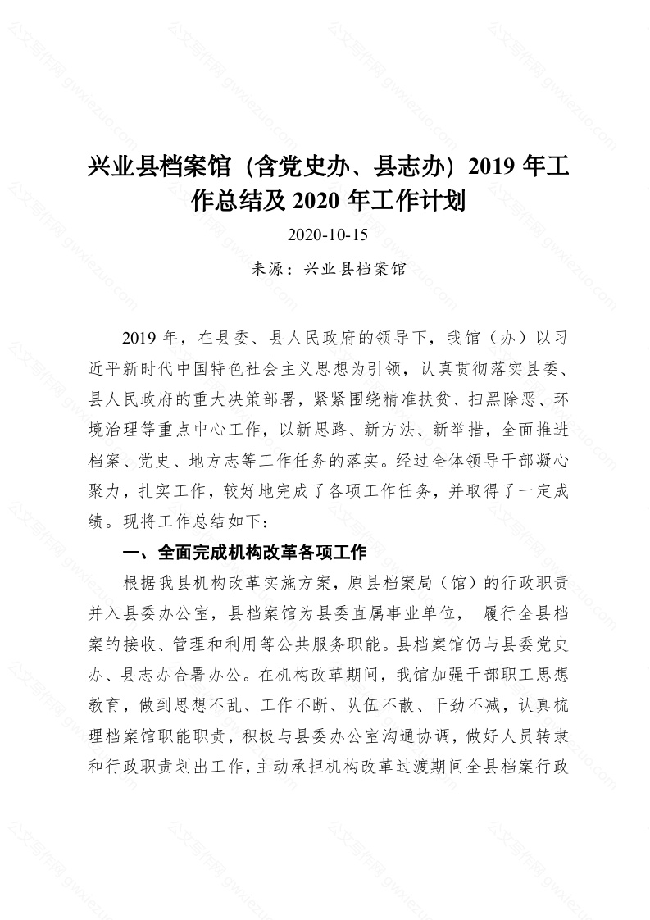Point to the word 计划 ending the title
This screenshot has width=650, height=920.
point(442,199)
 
